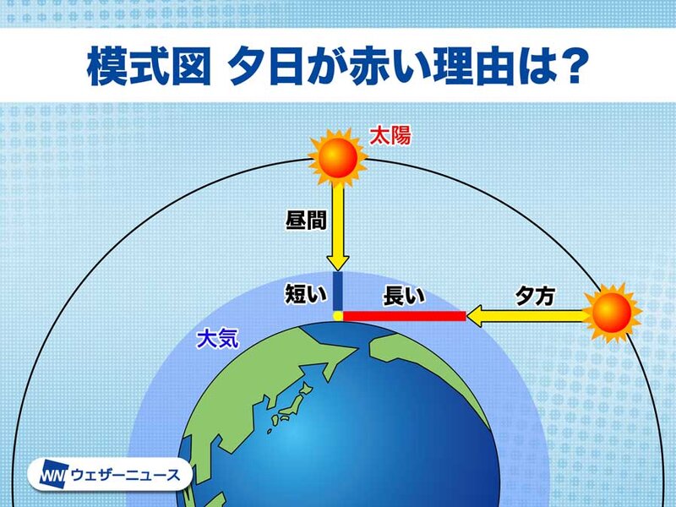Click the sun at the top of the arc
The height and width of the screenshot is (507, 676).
337,157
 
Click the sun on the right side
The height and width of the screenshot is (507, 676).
612,313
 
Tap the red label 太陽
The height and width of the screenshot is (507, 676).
390,135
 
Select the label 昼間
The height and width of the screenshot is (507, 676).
306,220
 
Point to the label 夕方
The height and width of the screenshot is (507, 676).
535,296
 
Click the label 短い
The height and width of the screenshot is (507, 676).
306,295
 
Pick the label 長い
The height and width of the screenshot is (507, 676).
404,296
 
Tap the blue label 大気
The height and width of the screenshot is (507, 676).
217,339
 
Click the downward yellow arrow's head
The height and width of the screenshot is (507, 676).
337,263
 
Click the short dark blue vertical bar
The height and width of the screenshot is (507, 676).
337,291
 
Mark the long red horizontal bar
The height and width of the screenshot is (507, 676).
405,316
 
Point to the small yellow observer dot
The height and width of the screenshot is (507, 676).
337,316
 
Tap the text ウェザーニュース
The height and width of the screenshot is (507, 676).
125,475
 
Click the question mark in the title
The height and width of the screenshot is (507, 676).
573,67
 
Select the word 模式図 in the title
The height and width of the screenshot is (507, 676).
149,68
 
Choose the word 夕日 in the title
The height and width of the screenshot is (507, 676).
265,68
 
